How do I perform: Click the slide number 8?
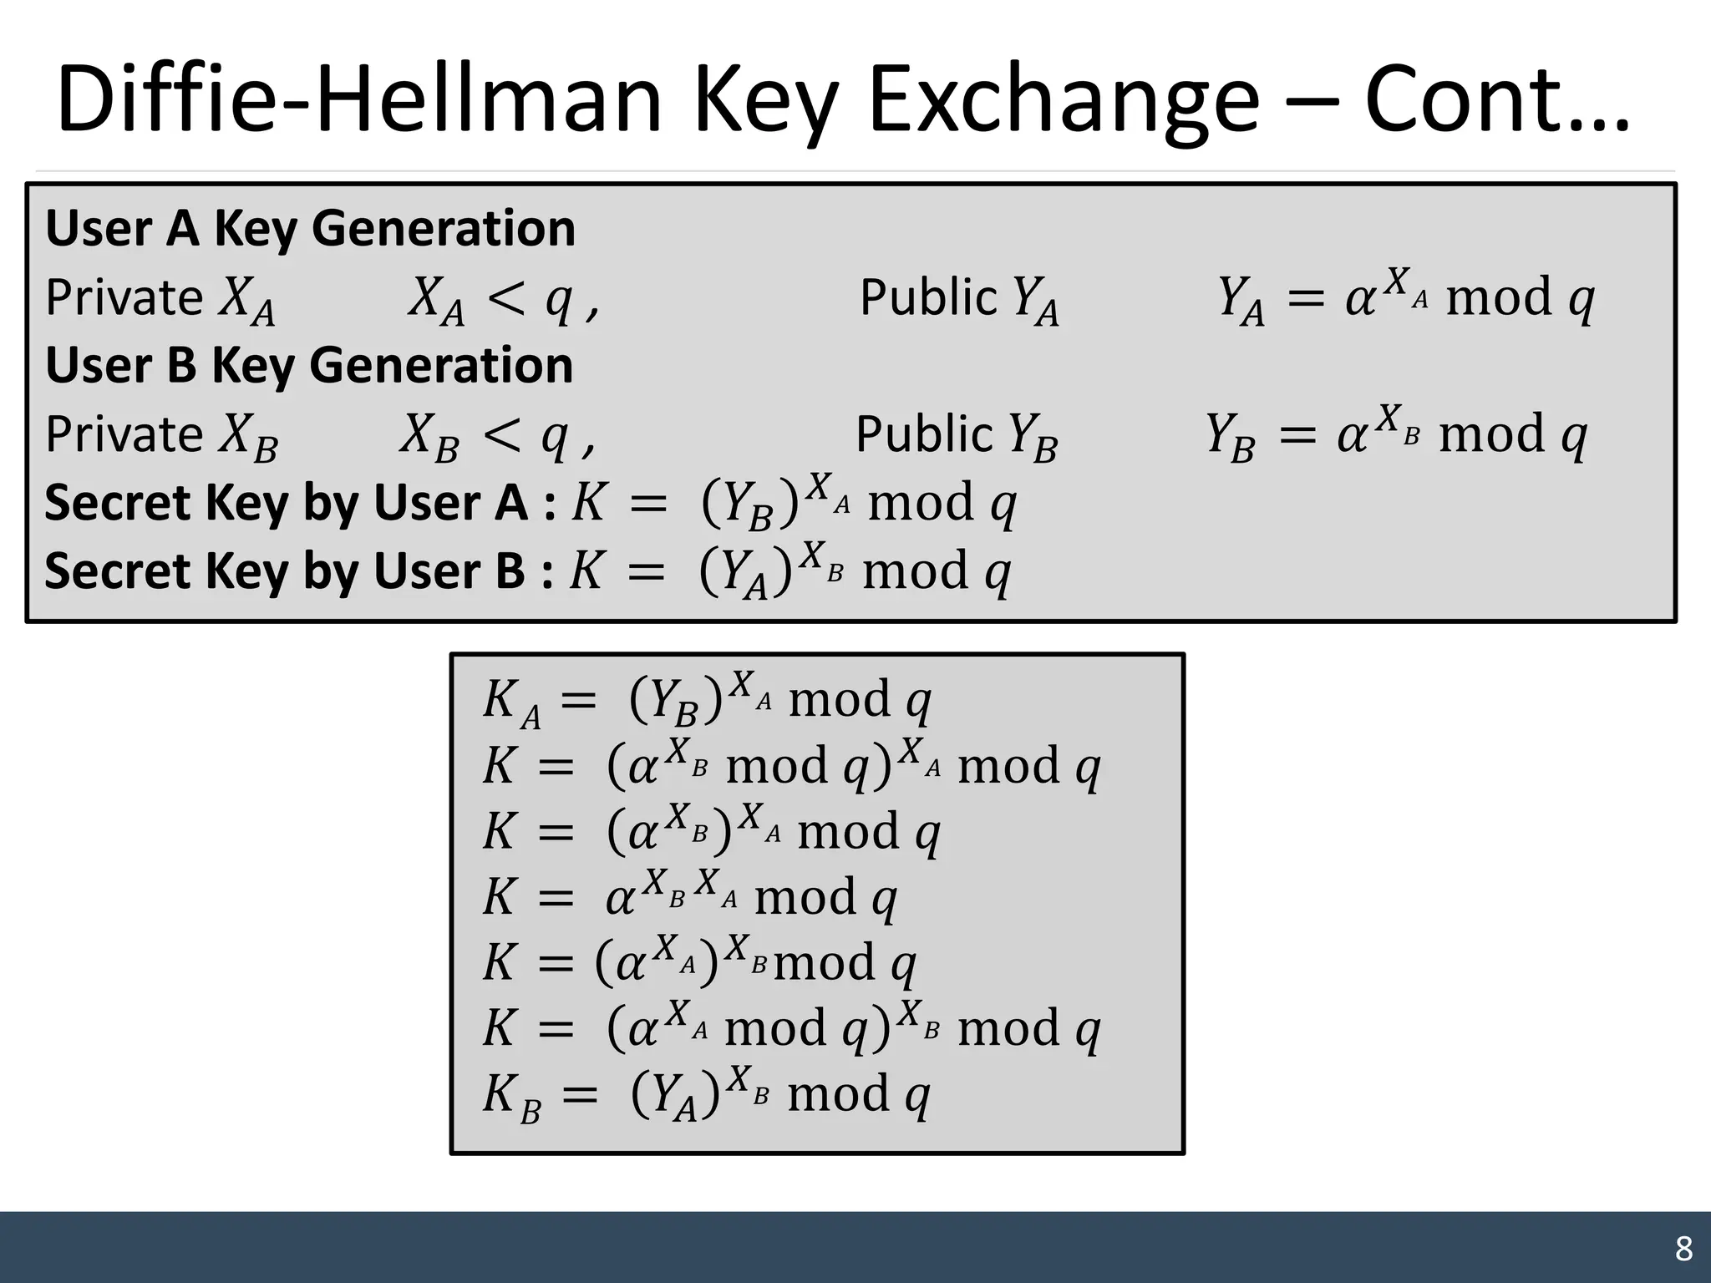(1683, 1249)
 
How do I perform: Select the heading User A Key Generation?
(310, 228)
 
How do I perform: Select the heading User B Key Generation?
(309, 365)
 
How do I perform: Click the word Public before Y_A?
(928, 297)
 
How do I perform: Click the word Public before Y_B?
(924, 434)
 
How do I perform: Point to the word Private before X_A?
(124, 297)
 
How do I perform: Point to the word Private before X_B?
(124, 434)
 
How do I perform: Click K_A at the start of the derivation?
(510, 702)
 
